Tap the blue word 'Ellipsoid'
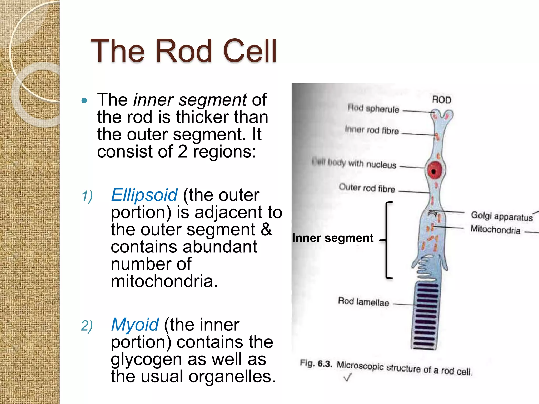[144, 195]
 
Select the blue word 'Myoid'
[135, 325]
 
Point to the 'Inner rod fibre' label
[372, 130]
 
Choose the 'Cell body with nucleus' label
[354, 163]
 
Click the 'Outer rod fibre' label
[367, 188]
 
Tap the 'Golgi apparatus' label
[502, 216]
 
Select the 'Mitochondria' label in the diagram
[495, 229]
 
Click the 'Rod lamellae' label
[363, 302]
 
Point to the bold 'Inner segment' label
[333, 238]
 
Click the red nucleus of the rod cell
[435, 170]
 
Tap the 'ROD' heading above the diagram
[441, 100]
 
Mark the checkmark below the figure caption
[347, 378]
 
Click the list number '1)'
[87, 196]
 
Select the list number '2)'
[87, 326]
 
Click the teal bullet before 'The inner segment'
[84, 100]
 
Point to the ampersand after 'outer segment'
[266, 229]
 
